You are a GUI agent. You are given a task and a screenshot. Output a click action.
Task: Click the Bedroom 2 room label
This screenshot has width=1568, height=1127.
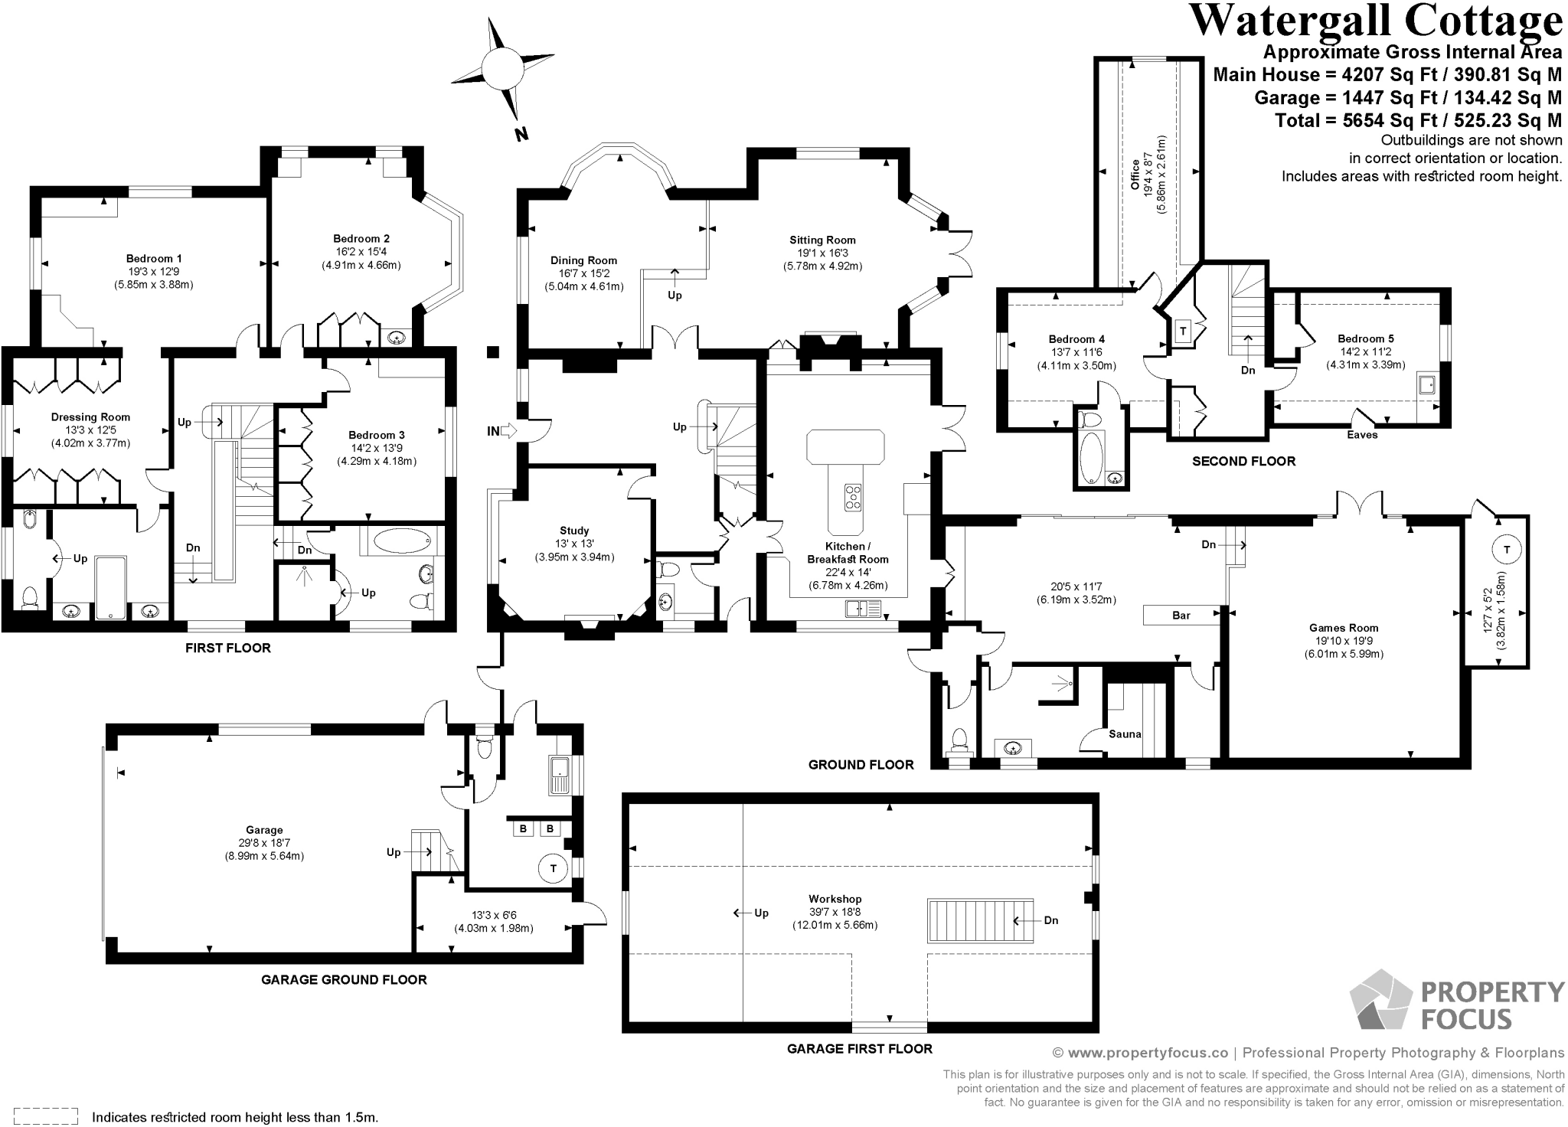(361, 239)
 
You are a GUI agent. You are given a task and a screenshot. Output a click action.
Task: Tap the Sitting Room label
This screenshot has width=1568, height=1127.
(822, 240)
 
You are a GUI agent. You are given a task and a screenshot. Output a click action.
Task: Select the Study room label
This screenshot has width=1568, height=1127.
(574, 531)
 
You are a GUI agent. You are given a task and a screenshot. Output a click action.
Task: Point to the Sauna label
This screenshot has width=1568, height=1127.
(1125, 733)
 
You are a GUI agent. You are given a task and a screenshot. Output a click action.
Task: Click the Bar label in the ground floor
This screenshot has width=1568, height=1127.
(1181, 616)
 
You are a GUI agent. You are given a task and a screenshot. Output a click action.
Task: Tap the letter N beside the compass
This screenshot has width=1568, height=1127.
(521, 135)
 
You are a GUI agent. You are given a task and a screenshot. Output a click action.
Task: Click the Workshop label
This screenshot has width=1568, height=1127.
(835, 899)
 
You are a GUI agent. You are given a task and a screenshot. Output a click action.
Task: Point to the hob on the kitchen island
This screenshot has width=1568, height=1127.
(852, 497)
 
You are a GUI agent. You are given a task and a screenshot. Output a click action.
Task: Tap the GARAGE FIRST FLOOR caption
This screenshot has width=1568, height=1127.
(859, 1049)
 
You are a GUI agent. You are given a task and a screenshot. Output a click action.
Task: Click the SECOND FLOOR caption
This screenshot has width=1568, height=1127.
(1243, 461)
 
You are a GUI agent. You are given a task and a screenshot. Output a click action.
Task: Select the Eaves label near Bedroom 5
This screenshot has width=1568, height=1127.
(1362, 435)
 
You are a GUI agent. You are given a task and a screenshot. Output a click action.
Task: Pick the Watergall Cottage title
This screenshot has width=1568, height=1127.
(1376, 21)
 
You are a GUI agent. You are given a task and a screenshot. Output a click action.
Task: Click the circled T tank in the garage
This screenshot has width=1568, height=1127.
(552, 868)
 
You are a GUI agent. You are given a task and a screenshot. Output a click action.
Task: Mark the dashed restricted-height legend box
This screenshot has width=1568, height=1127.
(47, 1116)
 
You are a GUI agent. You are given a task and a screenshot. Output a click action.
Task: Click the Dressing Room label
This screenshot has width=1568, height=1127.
(90, 417)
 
